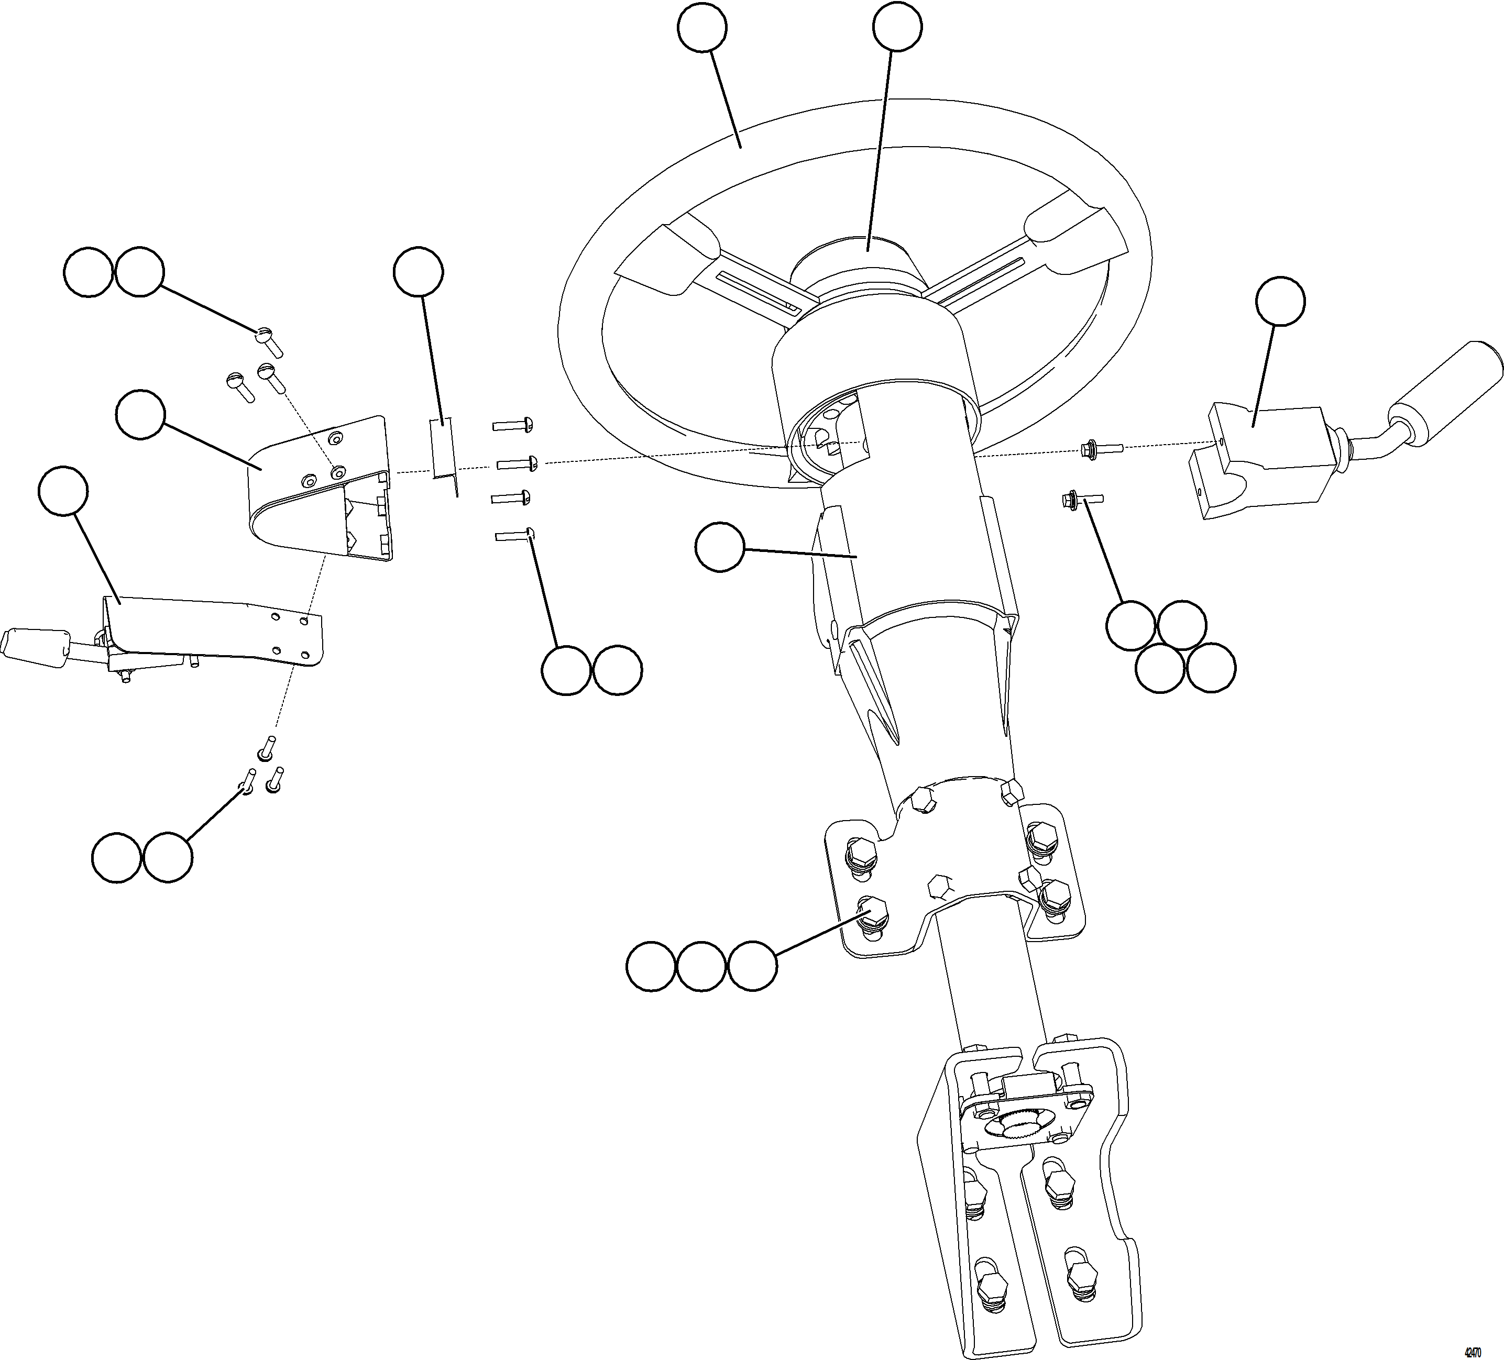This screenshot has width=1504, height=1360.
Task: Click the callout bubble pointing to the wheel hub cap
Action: click(897, 28)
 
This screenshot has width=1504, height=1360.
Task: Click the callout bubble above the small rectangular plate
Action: click(418, 271)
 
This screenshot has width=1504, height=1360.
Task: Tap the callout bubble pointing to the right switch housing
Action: click(1280, 301)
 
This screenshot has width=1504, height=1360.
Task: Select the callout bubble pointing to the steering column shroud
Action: click(719, 548)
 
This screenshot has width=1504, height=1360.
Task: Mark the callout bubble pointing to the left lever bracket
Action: click(63, 491)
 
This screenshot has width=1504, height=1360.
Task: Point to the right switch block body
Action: click(1261, 462)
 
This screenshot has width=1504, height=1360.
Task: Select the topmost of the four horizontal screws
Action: click(512, 426)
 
